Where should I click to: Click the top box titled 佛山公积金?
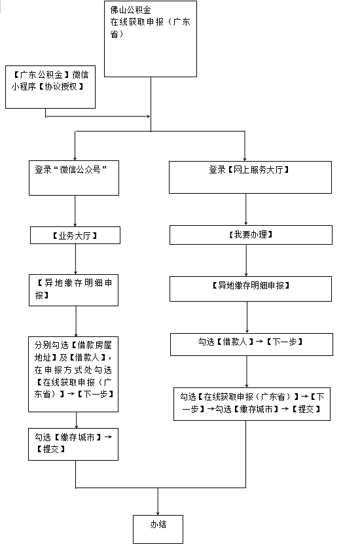click(x=151, y=39)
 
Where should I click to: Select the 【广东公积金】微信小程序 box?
click(x=50, y=87)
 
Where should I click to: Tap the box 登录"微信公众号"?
click(x=74, y=178)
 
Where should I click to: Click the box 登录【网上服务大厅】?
click(x=250, y=177)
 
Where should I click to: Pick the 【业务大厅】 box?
click(x=75, y=236)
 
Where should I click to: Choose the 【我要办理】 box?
click(x=251, y=235)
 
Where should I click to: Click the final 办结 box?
click(x=158, y=529)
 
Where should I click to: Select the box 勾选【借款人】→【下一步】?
click(x=252, y=344)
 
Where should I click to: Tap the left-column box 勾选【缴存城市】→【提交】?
click(x=73, y=444)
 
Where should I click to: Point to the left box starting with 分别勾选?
click(x=73, y=374)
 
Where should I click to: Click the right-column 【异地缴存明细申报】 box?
click(x=251, y=289)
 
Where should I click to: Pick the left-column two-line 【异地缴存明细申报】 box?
click(x=73, y=291)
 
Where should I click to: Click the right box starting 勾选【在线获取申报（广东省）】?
click(x=252, y=404)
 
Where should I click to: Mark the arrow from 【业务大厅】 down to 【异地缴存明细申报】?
click(x=75, y=259)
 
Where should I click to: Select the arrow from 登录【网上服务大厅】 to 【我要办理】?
click(x=245, y=209)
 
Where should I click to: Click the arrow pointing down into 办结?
click(x=158, y=501)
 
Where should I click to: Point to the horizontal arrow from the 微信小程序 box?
click(x=98, y=116)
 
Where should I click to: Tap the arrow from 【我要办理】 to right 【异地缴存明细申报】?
click(x=246, y=260)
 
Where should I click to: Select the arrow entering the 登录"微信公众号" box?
click(x=75, y=146)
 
